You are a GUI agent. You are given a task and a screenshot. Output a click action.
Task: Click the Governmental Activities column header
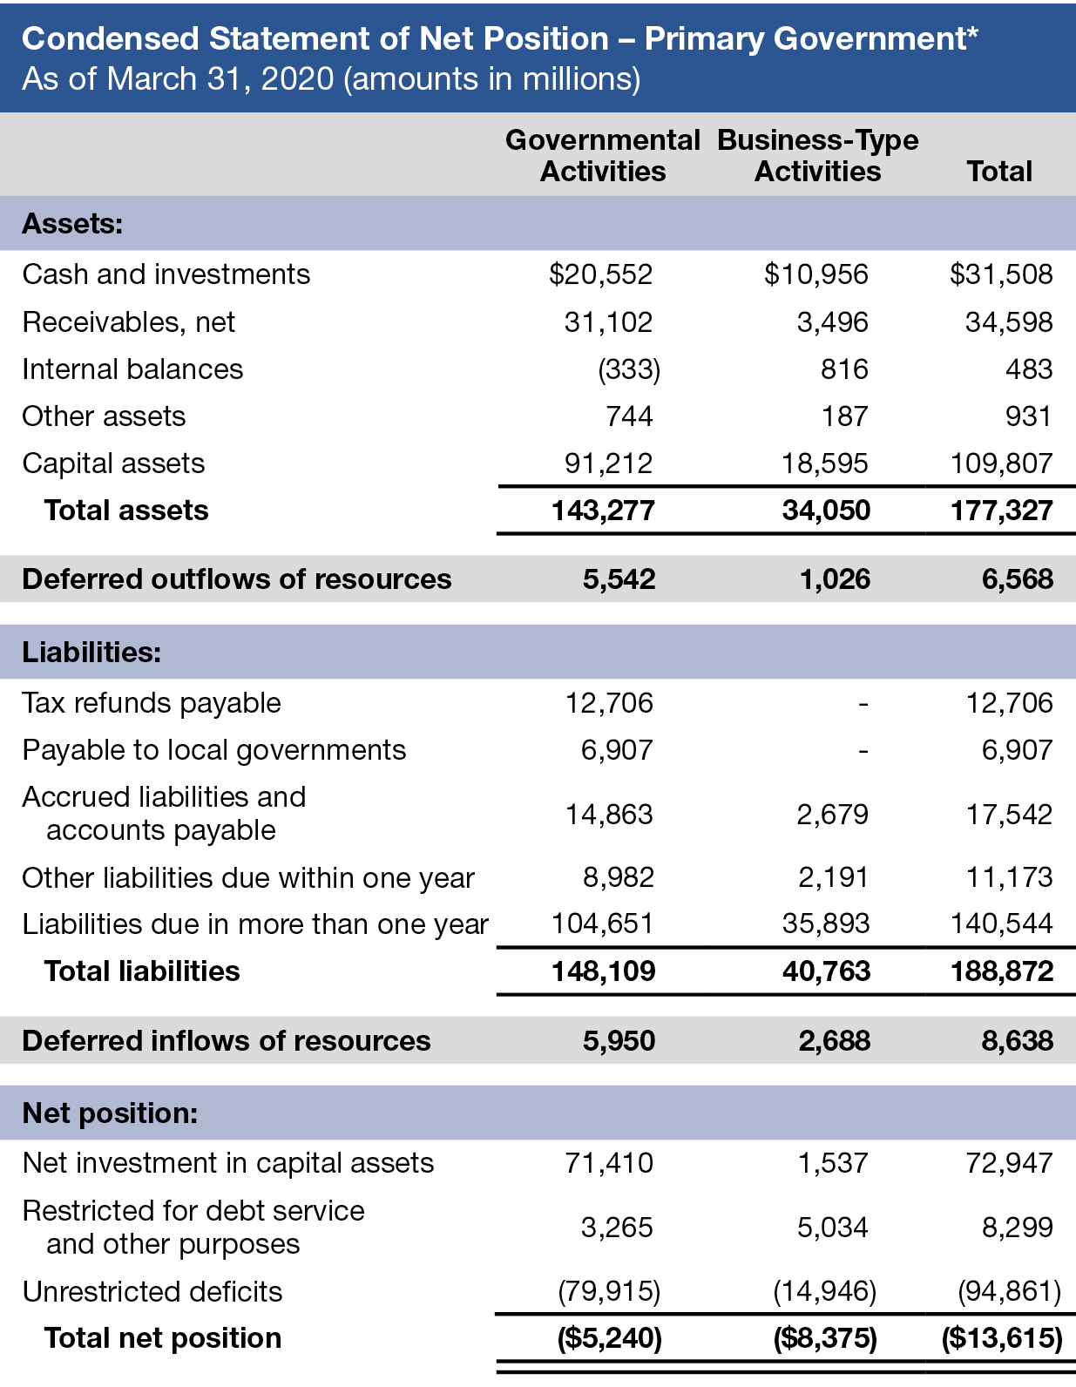click(603, 155)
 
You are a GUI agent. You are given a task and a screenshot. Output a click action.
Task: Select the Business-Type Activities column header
click(817, 155)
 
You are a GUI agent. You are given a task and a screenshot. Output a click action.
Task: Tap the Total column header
click(998, 171)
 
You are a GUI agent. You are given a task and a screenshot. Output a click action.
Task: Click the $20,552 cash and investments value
click(600, 274)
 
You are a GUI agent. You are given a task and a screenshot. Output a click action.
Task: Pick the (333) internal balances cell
click(629, 369)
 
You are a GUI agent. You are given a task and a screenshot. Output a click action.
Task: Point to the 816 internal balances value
click(844, 369)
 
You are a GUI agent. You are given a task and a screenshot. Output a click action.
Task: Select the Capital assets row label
click(113, 463)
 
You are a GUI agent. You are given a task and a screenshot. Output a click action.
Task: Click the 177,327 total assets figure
click(1001, 511)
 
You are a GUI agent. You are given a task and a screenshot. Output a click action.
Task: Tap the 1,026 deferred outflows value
click(835, 579)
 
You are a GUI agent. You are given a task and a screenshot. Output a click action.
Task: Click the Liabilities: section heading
click(91, 652)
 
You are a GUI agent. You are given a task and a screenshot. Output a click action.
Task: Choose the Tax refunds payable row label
click(152, 703)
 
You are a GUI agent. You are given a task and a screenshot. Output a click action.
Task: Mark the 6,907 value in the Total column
click(1017, 750)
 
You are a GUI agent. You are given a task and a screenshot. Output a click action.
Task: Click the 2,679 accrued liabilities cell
click(832, 815)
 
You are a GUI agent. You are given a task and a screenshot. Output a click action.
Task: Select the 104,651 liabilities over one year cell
click(602, 924)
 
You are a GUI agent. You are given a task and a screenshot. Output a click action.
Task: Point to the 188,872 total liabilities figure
click(1002, 971)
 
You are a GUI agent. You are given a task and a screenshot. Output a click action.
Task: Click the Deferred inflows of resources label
click(227, 1041)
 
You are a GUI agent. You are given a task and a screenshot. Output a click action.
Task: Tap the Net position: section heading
click(110, 1113)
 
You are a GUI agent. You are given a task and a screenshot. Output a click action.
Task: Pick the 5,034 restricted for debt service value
click(832, 1228)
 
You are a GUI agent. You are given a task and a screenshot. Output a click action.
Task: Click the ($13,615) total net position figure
click(1002, 1338)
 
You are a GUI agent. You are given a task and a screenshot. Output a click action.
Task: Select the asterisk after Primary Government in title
click(971, 32)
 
